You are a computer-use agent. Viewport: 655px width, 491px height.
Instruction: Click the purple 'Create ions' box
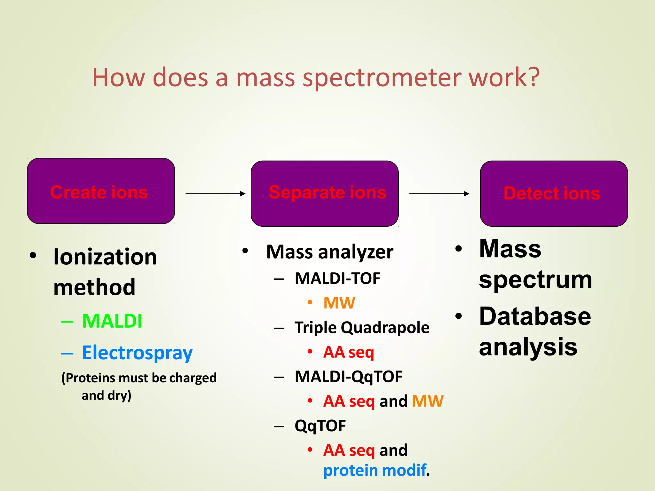click(101, 191)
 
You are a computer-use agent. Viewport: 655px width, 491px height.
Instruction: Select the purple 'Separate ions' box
click(325, 193)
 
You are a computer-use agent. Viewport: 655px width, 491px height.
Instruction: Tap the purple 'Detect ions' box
click(554, 193)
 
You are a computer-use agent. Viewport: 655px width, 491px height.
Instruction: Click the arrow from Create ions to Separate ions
click(215, 193)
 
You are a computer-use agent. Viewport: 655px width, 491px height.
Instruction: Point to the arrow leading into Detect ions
click(439, 193)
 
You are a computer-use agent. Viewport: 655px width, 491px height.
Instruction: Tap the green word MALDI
click(112, 321)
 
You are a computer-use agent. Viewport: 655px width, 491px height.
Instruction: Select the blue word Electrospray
click(137, 353)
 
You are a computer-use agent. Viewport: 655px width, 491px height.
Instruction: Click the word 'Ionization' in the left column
click(105, 257)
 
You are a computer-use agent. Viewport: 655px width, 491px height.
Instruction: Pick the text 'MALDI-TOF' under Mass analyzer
click(337, 278)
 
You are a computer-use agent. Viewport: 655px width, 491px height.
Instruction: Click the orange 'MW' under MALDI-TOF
click(339, 303)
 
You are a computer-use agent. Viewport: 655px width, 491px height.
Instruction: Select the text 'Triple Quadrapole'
click(362, 327)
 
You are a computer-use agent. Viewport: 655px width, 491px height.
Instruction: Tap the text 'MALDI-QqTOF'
click(348, 377)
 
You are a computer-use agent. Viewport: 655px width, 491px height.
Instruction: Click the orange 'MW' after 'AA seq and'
click(428, 401)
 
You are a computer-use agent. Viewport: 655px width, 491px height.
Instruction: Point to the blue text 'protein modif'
click(375, 470)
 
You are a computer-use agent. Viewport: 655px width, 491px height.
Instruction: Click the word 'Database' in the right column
click(535, 316)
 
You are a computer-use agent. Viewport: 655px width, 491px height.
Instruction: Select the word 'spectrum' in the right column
click(535, 279)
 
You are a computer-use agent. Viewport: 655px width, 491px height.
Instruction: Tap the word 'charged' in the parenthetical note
click(193, 378)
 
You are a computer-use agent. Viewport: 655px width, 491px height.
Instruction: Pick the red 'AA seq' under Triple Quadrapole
click(348, 352)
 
